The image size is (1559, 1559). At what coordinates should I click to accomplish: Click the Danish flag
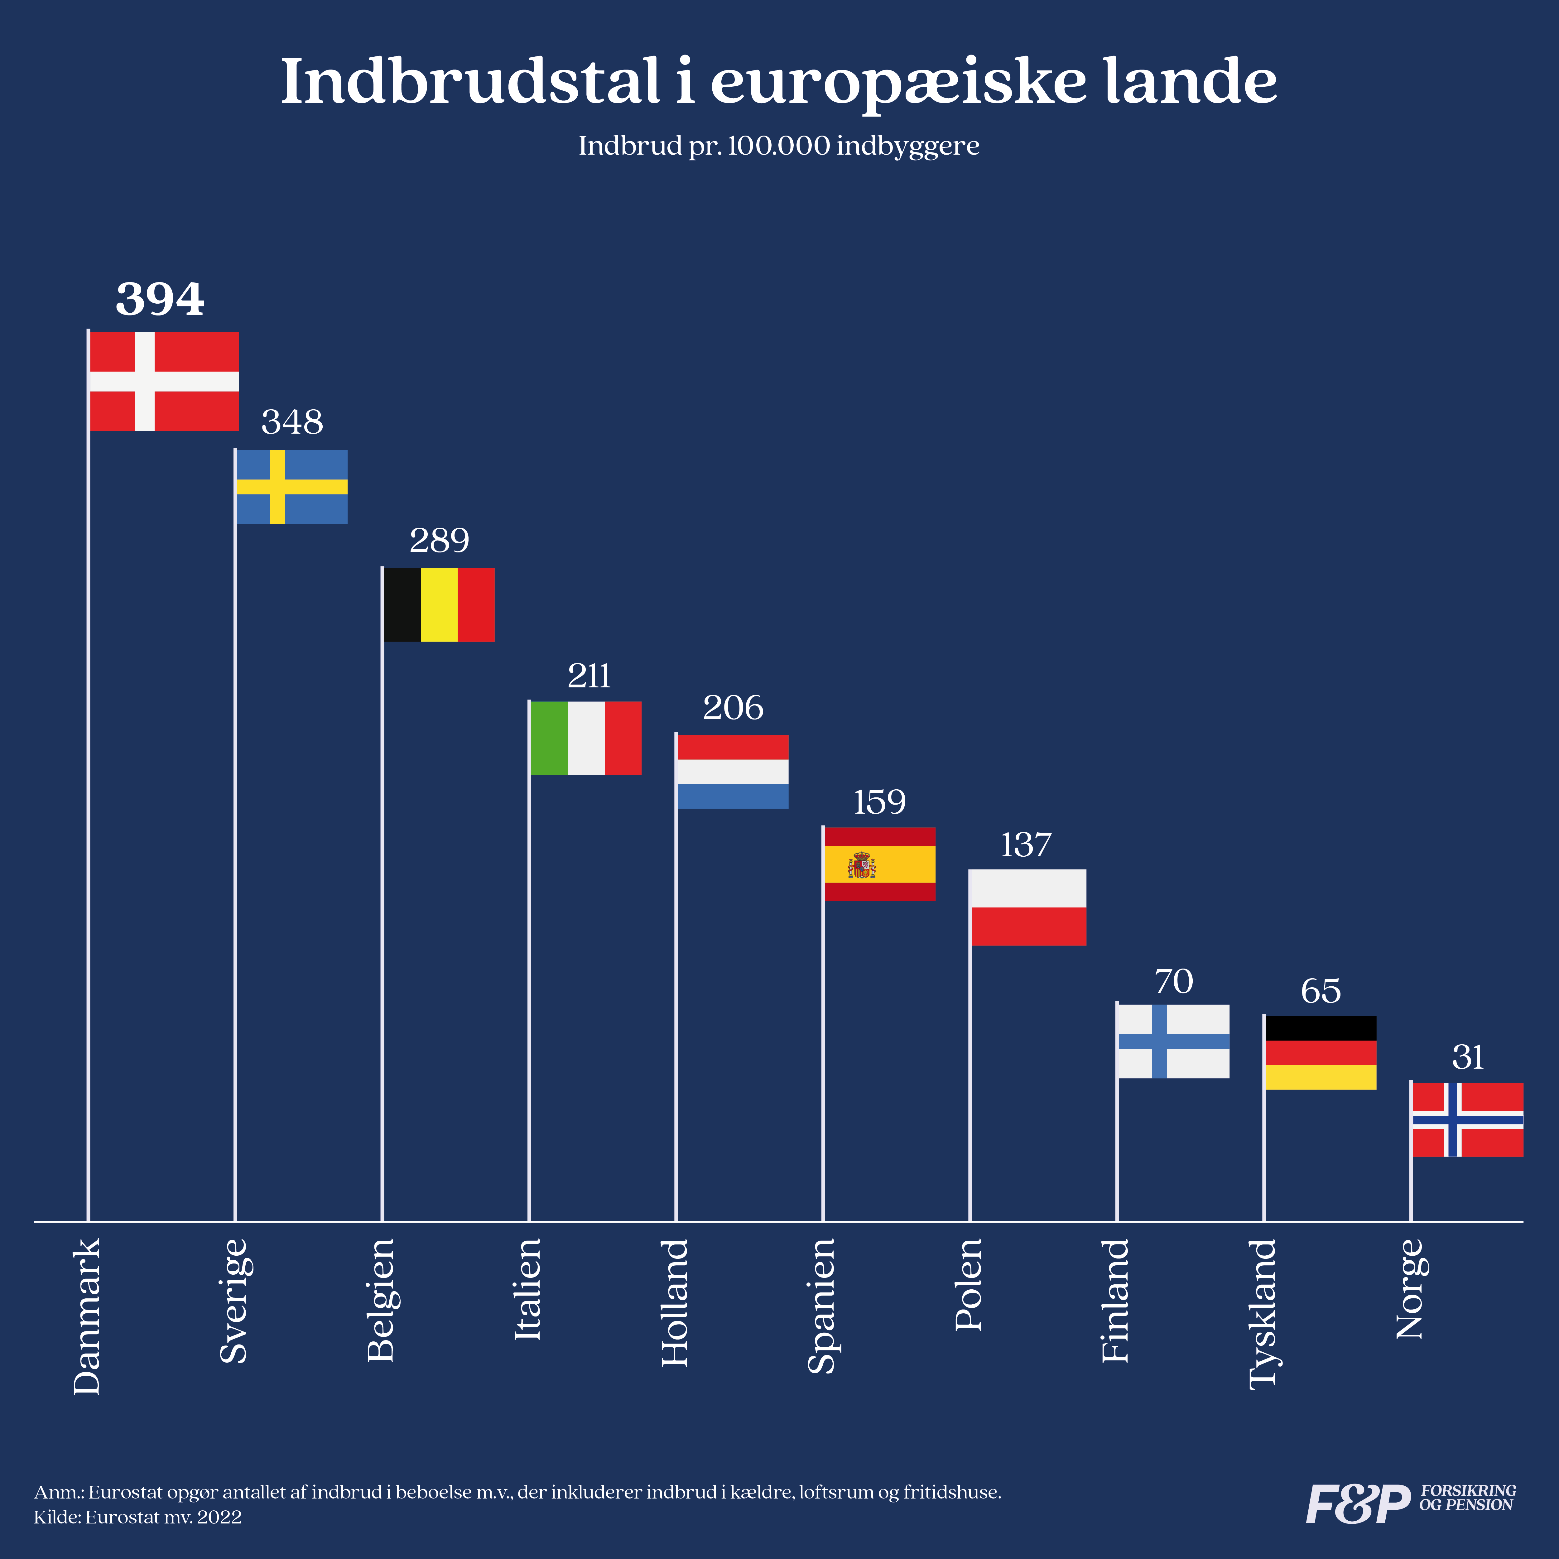coord(164,381)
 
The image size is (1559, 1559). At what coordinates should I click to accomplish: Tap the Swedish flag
coord(292,487)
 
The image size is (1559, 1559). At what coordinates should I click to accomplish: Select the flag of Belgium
coord(439,604)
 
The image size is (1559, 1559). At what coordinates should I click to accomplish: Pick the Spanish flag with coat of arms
coord(879,864)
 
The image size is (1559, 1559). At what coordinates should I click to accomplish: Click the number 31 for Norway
coord(1468,1057)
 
